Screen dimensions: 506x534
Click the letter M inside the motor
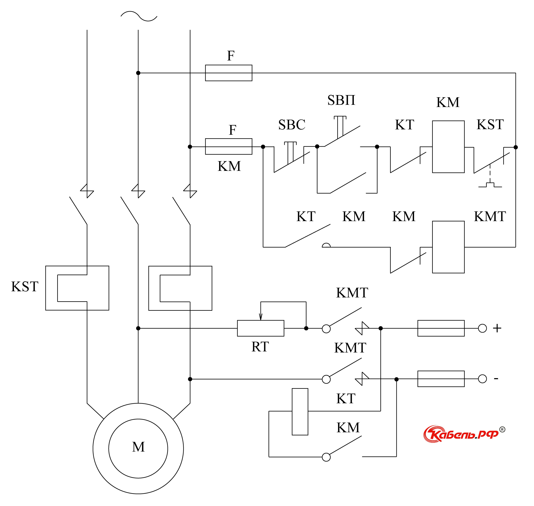point(138,447)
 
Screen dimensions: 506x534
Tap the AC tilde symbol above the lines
point(139,16)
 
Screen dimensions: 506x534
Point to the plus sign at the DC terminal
point(497,328)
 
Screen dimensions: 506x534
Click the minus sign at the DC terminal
point(496,379)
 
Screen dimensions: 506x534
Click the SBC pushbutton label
point(292,125)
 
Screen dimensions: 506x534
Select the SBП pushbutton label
point(341,100)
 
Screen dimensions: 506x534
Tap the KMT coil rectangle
point(448,247)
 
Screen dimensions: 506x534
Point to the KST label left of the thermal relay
point(25,286)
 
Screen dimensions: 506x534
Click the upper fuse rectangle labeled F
point(229,73)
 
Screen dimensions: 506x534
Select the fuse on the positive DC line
point(441,328)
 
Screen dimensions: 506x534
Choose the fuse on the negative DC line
point(441,379)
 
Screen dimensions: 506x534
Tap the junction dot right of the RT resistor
point(306,328)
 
